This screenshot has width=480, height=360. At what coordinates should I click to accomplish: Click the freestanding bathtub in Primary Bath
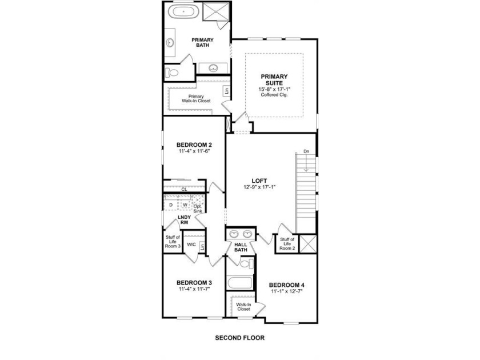[183, 11]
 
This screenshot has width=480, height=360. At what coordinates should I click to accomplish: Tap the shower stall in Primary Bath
[216, 11]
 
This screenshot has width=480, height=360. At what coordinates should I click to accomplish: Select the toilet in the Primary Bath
[172, 73]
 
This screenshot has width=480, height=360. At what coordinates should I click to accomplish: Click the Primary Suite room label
[274, 79]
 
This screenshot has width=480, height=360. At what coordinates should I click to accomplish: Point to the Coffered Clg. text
[274, 95]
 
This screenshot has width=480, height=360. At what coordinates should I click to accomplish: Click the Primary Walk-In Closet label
[196, 98]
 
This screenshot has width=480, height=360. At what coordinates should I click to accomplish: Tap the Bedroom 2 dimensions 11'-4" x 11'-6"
[194, 151]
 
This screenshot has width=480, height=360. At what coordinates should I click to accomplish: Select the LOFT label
[259, 181]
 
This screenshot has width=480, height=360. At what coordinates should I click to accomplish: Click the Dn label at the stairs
[306, 151]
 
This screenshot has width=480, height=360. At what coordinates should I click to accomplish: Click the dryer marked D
[171, 205]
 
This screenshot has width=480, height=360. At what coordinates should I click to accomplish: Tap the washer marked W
[185, 205]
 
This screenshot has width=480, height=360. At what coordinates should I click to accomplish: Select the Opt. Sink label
[198, 209]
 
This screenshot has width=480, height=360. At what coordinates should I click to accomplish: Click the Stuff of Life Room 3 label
[173, 242]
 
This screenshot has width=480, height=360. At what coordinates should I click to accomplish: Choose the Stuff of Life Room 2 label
[287, 243]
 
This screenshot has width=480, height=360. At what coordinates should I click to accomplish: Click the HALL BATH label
[241, 247]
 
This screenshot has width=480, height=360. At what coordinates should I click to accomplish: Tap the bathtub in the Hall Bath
[240, 282]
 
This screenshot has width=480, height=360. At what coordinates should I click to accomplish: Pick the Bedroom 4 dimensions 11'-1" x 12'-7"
[286, 292]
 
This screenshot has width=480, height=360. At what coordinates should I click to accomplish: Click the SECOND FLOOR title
[239, 338]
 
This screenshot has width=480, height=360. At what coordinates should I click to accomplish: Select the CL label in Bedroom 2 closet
[184, 190]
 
